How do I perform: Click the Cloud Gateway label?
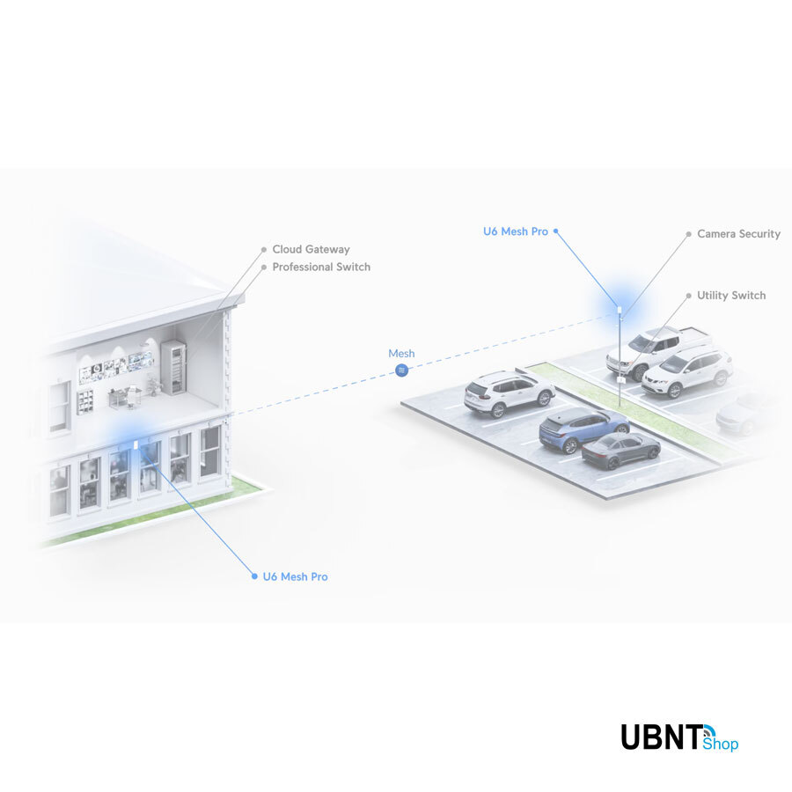[x=311, y=250]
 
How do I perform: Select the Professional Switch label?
[x=321, y=268]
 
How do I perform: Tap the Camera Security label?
[x=738, y=234]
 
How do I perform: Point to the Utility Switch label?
[x=731, y=296]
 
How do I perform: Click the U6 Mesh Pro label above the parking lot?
[x=516, y=231]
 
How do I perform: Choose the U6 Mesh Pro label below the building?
[x=295, y=577]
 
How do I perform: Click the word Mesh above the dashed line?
[x=401, y=354]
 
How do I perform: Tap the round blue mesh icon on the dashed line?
[x=402, y=370]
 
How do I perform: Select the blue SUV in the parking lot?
[x=583, y=427]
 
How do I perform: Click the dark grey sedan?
[x=620, y=450]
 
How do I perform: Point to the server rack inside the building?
[x=173, y=368]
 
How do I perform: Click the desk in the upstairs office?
[x=124, y=397]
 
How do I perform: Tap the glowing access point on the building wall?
[x=136, y=443]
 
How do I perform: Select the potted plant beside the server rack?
[x=154, y=385]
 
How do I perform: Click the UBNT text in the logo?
[x=662, y=737]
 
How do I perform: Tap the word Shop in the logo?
[x=722, y=744]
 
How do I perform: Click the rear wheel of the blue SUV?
[x=569, y=446]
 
